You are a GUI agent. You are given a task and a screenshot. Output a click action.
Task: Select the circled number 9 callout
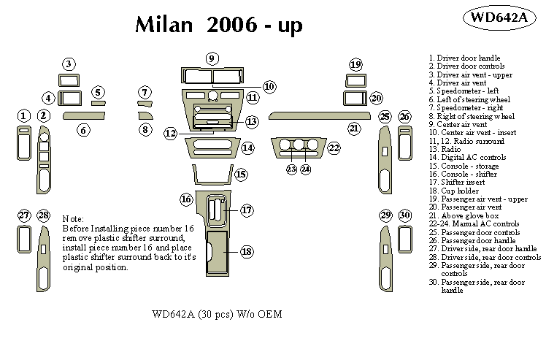pyautogui.click(x=212, y=58)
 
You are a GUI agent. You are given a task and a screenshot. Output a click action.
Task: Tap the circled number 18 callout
pyautogui.click(x=247, y=251)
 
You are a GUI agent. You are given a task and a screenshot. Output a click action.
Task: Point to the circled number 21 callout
pyautogui.click(x=354, y=129)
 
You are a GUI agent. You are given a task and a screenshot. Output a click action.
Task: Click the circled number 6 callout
pyautogui.click(x=84, y=130)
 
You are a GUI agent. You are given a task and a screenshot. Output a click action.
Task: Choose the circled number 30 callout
pyautogui.click(x=405, y=215)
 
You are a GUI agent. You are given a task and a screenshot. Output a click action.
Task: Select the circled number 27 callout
pyautogui.click(x=24, y=215)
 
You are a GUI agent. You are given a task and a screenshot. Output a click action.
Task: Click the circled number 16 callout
pyautogui.click(x=186, y=199)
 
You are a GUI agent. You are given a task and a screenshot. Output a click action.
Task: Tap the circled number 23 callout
pyautogui.click(x=291, y=169)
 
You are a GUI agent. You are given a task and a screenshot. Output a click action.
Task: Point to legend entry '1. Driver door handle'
pyautogui.click(x=464, y=57)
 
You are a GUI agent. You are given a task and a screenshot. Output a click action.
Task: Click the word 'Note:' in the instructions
pyautogui.click(x=74, y=219)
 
